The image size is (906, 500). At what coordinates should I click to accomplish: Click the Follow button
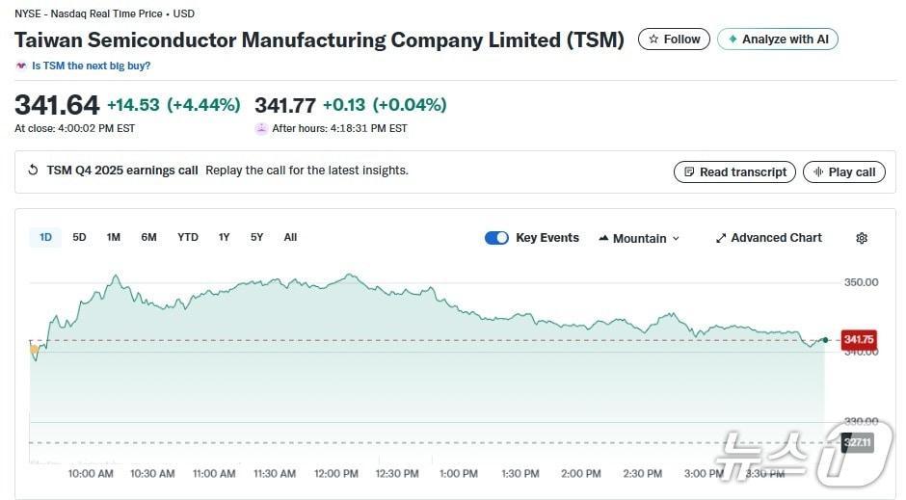pos(674,39)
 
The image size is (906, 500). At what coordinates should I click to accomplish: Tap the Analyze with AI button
pos(778,39)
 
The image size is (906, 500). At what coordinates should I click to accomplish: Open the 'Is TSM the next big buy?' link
pos(91,66)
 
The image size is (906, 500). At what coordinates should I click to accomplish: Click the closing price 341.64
pos(57,105)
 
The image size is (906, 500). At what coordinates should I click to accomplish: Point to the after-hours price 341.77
pos(285,105)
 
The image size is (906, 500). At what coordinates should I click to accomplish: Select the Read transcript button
pos(734,171)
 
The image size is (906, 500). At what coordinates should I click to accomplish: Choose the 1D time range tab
pos(45,237)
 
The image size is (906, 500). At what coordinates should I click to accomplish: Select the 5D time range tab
pos(79,237)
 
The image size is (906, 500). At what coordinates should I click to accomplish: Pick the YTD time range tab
pos(188,237)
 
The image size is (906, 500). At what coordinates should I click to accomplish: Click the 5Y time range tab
pos(256,237)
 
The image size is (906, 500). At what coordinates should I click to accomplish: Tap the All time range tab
pos(290,237)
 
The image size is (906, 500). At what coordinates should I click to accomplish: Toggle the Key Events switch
pos(496,238)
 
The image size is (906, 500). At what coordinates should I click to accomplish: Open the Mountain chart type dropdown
pos(639,238)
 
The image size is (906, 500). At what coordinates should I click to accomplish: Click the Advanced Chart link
pos(768,238)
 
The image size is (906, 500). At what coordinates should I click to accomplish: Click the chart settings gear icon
pos(862,238)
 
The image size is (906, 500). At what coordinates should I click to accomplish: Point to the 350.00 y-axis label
pos(861,282)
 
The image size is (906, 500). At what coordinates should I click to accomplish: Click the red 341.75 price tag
pos(858,339)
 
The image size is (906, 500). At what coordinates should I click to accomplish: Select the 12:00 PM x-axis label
pos(336,473)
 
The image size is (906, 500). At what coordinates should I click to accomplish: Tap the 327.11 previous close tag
pos(856,442)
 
